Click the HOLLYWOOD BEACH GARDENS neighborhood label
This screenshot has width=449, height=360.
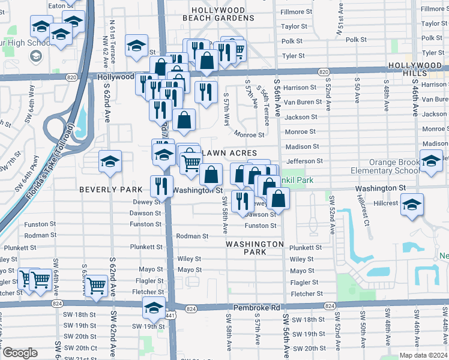(x=218, y=14)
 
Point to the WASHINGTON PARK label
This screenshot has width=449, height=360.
(x=255, y=248)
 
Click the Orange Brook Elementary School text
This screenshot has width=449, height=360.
(x=385, y=166)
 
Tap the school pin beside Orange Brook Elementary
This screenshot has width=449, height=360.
(x=431, y=161)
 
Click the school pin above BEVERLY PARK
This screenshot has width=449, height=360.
(x=110, y=161)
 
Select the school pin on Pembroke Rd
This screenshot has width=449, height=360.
(x=154, y=308)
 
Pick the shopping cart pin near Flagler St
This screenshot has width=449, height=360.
(x=96, y=286)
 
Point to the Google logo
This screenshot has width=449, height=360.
(x=20, y=353)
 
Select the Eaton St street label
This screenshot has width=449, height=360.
(x=60, y=5)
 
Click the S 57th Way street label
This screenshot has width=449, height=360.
(x=227, y=109)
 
